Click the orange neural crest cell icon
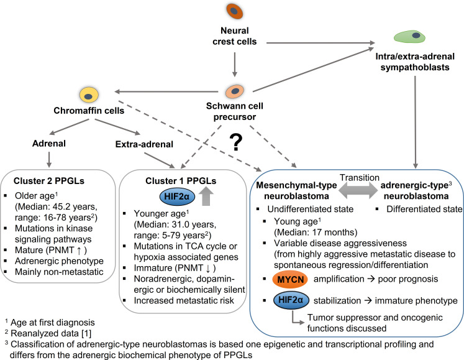235,11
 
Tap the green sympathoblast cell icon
409,37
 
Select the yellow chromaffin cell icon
89,95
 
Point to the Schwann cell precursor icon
235,91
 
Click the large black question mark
236,142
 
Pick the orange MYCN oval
290,279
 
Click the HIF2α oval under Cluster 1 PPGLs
177,196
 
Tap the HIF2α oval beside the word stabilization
291,300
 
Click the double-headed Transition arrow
358,190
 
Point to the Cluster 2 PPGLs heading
49,181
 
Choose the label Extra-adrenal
144,144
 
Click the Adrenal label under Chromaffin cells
49,144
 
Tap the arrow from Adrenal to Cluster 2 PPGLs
49,160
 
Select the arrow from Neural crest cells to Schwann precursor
235,65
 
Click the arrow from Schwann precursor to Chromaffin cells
166,91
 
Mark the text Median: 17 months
316,233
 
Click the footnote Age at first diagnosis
53,322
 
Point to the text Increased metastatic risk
184,300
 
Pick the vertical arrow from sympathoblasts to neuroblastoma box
416,122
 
